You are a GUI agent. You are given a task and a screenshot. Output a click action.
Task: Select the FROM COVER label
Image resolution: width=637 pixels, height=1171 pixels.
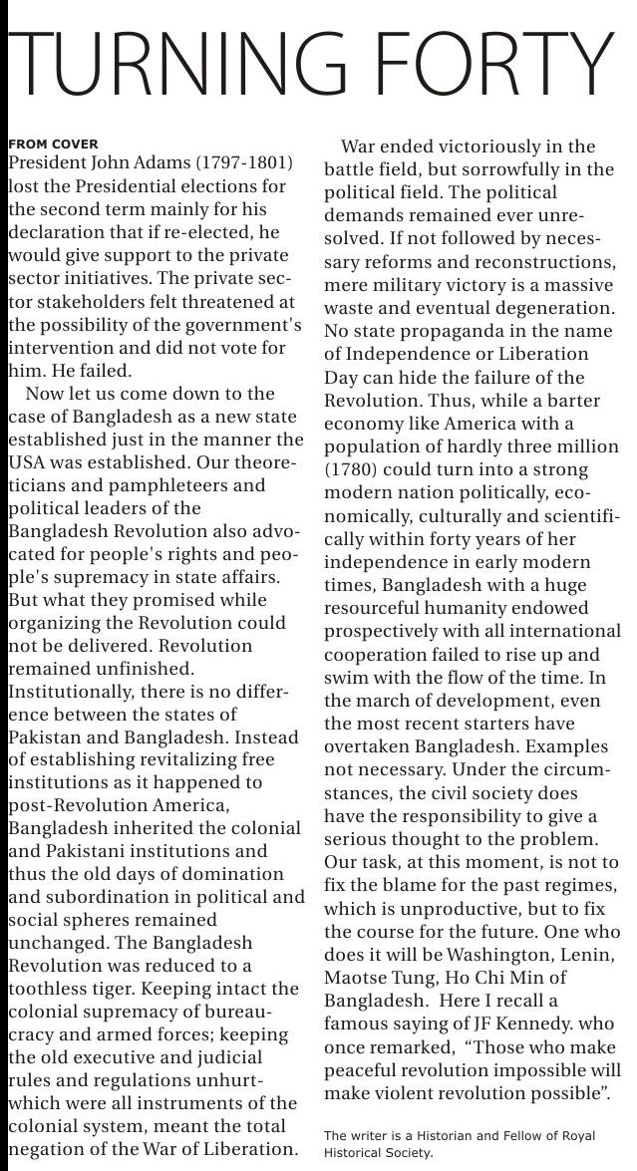coord(53,145)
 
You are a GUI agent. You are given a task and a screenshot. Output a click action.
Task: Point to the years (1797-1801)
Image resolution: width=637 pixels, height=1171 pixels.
coord(244,162)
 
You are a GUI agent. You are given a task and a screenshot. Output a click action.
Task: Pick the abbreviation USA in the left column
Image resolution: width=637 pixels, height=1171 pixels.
coord(28,462)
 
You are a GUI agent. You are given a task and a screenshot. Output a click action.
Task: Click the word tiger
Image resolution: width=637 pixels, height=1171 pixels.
coord(138,989)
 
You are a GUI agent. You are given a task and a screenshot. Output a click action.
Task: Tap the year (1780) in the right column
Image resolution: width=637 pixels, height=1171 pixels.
coord(350,468)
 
